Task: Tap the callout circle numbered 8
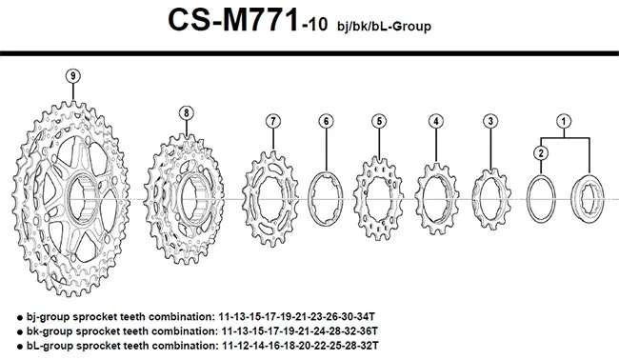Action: (x=187, y=112)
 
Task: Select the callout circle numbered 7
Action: (x=273, y=121)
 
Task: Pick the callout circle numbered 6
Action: (x=326, y=121)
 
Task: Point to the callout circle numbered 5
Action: (x=379, y=121)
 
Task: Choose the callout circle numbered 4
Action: (x=435, y=121)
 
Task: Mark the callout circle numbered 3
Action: (x=489, y=121)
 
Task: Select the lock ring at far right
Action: (x=585, y=197)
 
